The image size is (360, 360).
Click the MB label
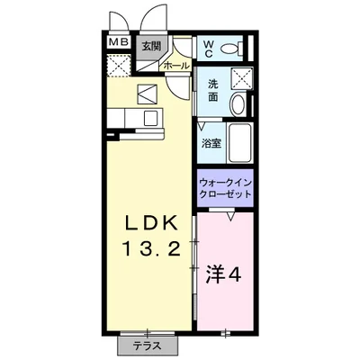(118, 42)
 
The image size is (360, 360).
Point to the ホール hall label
(175, 65)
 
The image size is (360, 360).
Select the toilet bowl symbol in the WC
(231, 49)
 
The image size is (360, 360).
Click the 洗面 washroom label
(213, 91)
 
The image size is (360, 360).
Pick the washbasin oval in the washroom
(238, 103)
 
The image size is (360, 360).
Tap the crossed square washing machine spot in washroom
(238, 78)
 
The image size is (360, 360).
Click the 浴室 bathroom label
(212, 142)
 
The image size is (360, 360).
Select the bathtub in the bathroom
(239, 142)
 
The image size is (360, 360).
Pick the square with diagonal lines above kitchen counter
(147, 93)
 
